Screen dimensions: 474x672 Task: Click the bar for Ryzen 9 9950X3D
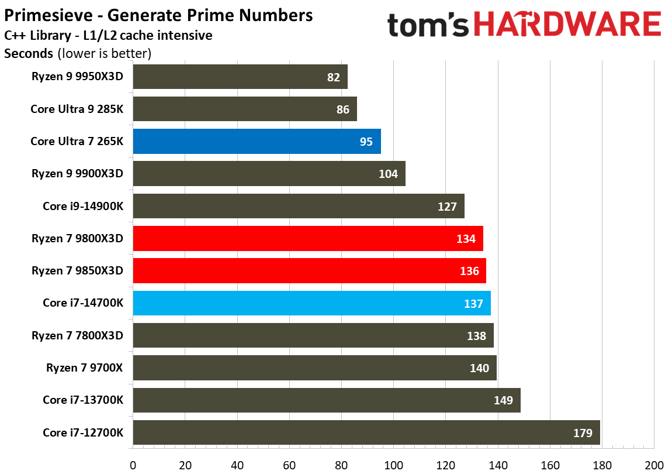(240, 77)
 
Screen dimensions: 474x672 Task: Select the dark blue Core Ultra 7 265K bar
(257, 142)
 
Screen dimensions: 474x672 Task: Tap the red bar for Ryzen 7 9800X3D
(307, 239)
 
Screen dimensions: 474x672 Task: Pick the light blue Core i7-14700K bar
(311, 303)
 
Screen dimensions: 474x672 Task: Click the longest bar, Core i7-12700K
(366, 432)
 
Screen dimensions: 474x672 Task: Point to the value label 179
(582, 433)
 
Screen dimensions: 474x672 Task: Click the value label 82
(334, 77)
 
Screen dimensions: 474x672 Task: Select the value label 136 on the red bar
(469, 271)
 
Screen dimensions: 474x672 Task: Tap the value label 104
(388, 174)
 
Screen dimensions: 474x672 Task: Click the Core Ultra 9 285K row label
(77, 109)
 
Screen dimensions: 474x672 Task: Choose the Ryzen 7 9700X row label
(85, 367)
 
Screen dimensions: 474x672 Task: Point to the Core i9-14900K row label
(83, 206)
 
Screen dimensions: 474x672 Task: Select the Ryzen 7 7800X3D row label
(78, 335)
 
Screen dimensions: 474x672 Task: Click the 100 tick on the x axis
(393, 466)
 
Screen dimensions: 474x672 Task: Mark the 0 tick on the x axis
(133, 466)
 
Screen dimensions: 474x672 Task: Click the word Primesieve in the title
(47, 16)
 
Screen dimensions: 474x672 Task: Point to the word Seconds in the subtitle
(29, 54)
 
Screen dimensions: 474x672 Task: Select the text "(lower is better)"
(105, 54)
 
